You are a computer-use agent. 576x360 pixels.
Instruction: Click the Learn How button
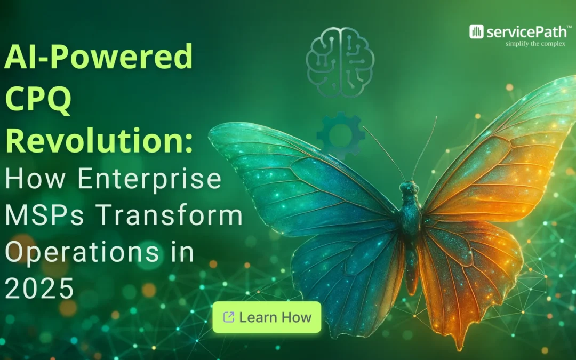point(267,317)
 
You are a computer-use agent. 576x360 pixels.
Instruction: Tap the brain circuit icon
point(340,62)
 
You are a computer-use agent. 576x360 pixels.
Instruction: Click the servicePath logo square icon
point(476,31)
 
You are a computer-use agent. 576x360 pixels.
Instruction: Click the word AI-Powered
point(99,57)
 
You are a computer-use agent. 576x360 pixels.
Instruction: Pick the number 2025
point(39,289)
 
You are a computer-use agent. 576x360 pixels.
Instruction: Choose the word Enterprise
point(149,179)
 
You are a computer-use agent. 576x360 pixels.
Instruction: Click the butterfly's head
point(409,188)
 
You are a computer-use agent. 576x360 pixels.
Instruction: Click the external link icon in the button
point(228,317)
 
